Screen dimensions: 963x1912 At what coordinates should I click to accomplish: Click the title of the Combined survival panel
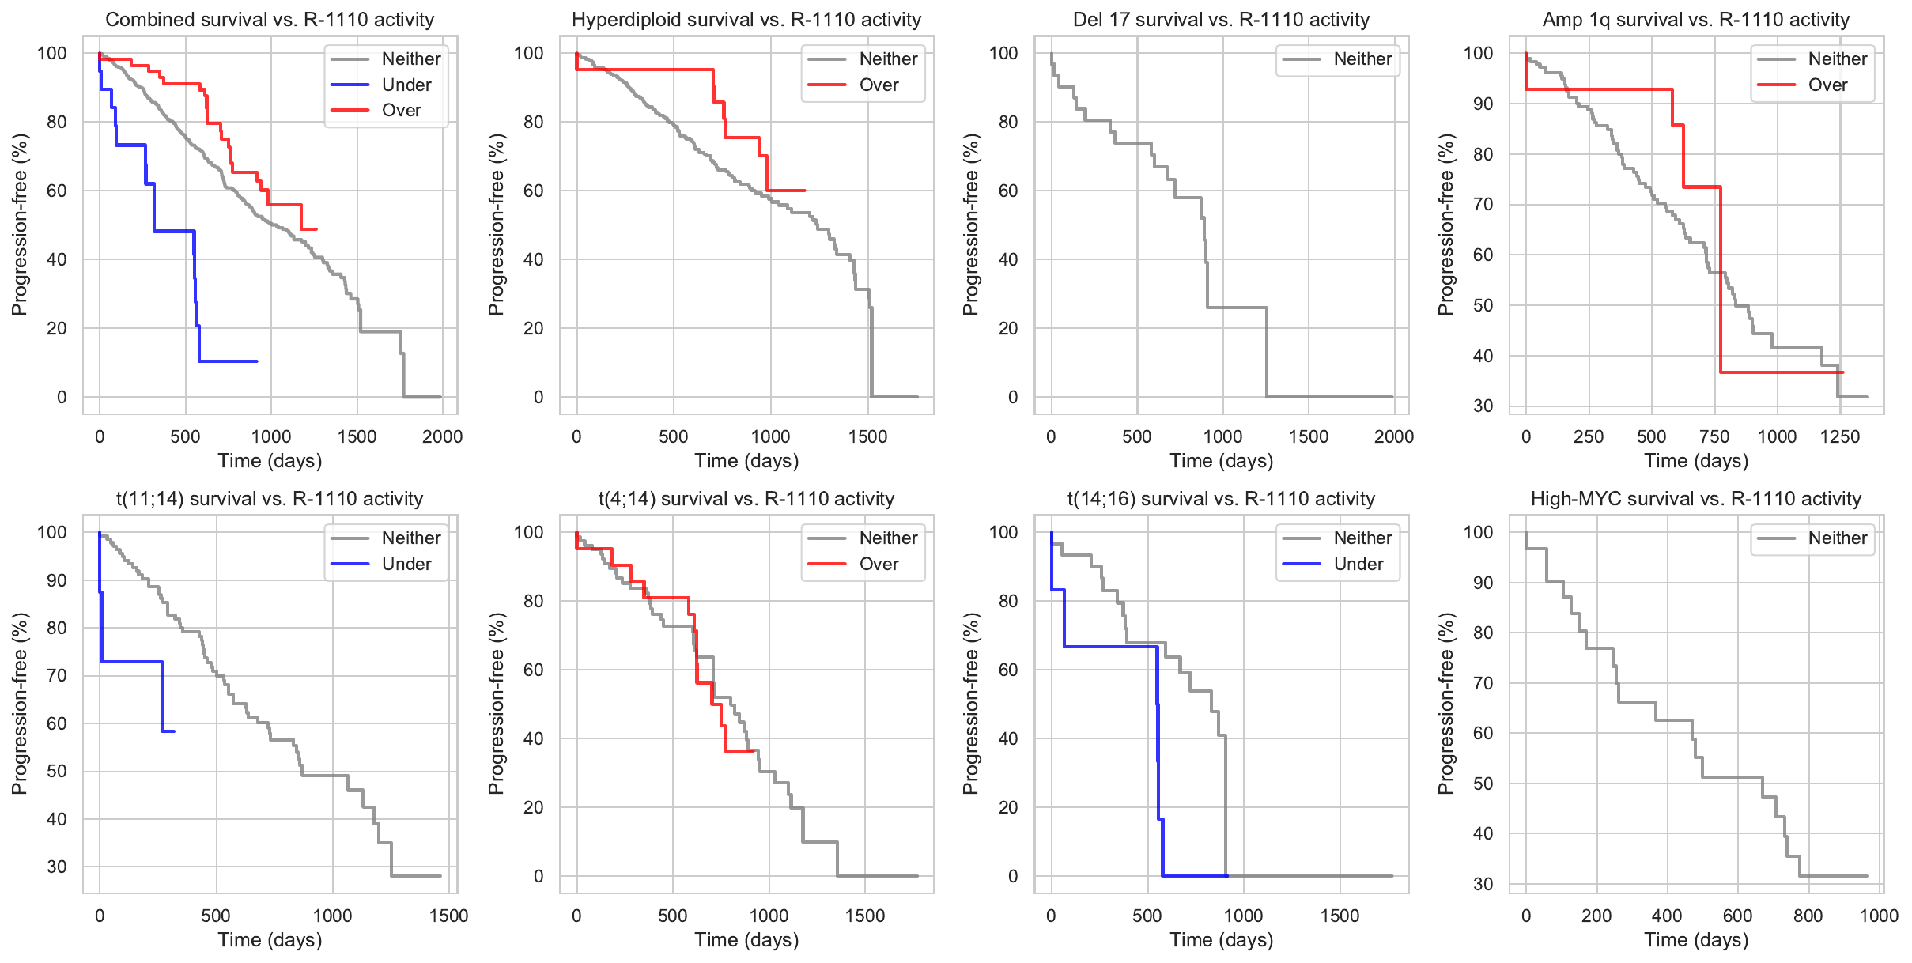coord(270,20)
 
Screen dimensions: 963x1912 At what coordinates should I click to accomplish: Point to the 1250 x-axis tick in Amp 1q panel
coord(1840,436)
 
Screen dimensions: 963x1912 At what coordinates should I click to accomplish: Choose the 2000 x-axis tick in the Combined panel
coord(442,436)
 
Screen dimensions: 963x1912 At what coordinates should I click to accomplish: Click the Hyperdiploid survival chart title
coord(746,20)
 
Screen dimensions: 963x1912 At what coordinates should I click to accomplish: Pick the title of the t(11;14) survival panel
coord(270,499)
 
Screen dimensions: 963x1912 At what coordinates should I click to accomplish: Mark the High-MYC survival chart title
coord(1696,499)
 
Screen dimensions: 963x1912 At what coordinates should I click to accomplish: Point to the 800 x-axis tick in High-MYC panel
coord(1808,916)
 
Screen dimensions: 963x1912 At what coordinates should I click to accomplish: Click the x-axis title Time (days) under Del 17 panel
coord(1221,461)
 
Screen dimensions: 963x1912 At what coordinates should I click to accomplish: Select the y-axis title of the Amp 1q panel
coord(1445,225)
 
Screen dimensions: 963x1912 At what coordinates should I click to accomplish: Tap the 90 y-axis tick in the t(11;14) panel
coord(57,580)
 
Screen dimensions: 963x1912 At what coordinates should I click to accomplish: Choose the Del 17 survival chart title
coord(1221,20)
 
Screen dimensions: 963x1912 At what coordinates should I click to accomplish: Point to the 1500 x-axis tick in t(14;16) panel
coord(1340,916)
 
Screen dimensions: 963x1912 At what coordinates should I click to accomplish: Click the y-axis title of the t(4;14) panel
coord(496,704)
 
